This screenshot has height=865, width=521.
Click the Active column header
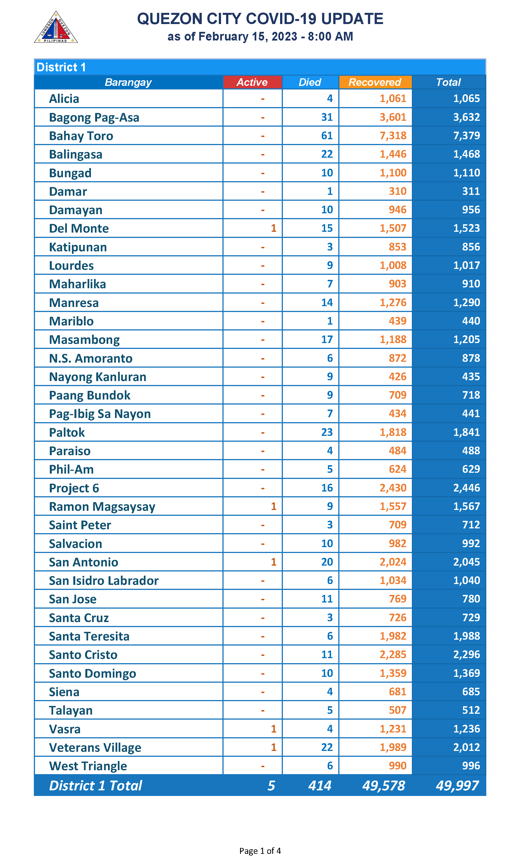[252, 82]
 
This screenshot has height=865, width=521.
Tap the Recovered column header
[375, 82]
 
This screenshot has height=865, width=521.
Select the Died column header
[310, 82]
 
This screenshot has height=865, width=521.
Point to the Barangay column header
[128, 82]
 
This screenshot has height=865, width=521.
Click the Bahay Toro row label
[81, 136]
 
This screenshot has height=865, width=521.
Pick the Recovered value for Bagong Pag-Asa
[393, 117]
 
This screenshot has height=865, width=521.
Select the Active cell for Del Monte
[273, 228]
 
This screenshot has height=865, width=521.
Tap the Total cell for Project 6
[466, 488]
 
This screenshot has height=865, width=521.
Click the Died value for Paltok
[327, 432]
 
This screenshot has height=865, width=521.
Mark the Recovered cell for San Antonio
[393, 562]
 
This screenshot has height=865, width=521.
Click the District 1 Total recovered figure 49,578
[383, 785]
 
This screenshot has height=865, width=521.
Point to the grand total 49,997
[457, 785]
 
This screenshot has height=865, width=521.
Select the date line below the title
[260, 36]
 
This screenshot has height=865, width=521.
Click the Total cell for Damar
[471, 191]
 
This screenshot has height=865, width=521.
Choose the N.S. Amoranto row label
[91, 358]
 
